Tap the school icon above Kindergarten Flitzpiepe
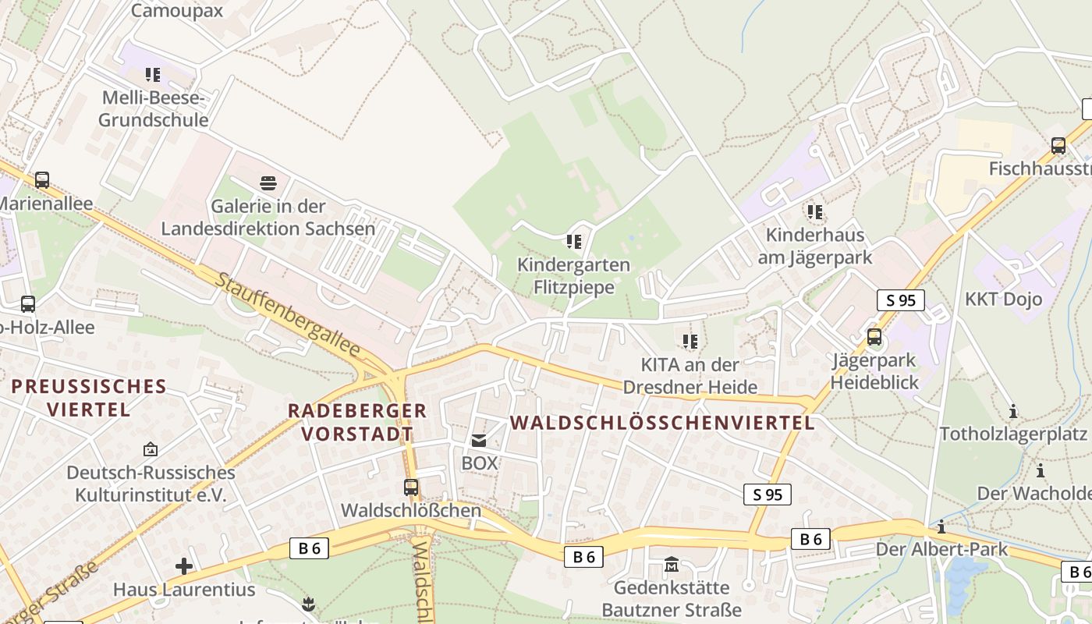tap(574, 241)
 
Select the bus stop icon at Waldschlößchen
tap(411, 487)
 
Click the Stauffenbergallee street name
tap(288, 315)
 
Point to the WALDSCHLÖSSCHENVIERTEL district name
tap(662, 423)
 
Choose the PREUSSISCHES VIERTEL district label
tap(88, 398)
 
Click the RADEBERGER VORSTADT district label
tap(357, 422)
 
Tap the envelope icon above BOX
tap(479, 441)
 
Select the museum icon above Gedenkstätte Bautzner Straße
tap(671, 564)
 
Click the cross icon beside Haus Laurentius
tap(184, 565)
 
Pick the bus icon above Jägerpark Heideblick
tap(874, 337)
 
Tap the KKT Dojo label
tap(1003, 299)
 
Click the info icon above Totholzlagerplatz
tap(1013, 411)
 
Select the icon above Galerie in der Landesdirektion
tap(268, 183)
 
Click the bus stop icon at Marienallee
tap(42, 180)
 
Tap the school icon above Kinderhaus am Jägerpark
tap(815, 211)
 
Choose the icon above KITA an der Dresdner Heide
tap(690, 341)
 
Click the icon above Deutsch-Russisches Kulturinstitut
tap(151, 449)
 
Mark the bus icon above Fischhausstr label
tap(1058, 145)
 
